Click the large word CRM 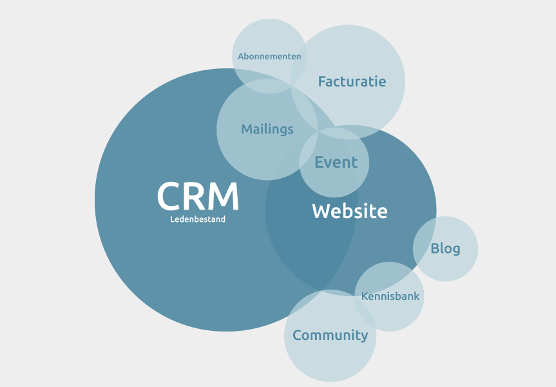pyautogui.click(x=198, y=196)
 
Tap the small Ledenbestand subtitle pyautogui.click(x=198, y=219)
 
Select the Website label pyautogui.click(x=350, y=211)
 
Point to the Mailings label pyautogui.click(x=267, y=129)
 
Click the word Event pyautogui.click(x=336, y=163)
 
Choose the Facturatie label pyautogui.click(x=352, y=81)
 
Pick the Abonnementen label pyautogui.click(x=269, y=56)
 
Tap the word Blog pyautogui.click(x=445, y=248)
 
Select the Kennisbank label pyautogui.click(x=390, y=297)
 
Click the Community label pyautogui.click(x=330, y=335)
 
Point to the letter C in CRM pyautogui.click(x=169, y=196)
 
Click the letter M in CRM pyautogui.click(x=225, y=196)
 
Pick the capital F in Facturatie pyautogui.click(x=322, y=81)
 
